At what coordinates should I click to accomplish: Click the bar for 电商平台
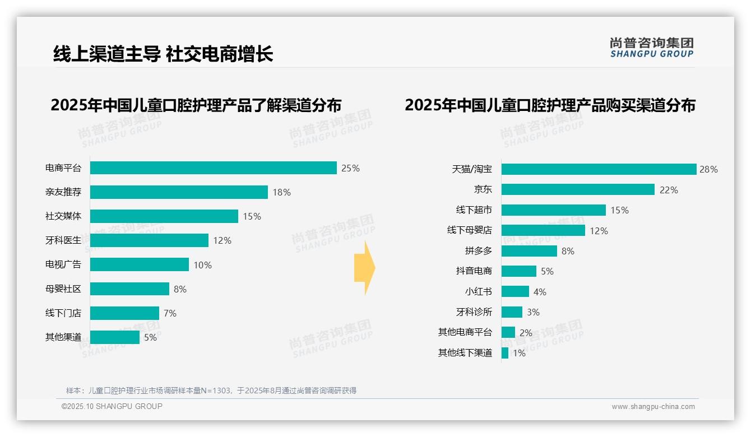tap(213, 168)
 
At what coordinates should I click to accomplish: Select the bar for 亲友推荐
tap(179, 192)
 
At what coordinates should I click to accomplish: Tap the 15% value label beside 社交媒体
tap(252, 217)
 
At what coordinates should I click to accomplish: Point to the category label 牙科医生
tap(63, 240)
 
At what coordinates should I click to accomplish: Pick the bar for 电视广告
tap(139, 264)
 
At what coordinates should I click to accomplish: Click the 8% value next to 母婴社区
tap(180, 289)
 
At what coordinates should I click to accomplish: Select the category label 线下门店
tap(63, 313)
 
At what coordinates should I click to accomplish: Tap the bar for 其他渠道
tap(114, 337)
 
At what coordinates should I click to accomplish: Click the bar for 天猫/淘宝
tap(599, 169)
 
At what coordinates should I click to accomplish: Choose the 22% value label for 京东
tap(669, 190)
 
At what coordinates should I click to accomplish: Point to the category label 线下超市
tap(474, 210)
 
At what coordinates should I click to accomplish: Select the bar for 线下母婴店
tap(543, 230)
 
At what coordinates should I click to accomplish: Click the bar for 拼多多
tap(529, 251)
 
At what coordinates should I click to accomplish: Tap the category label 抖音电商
tap(474, 271)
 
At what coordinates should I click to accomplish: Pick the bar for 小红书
tap(515, 291)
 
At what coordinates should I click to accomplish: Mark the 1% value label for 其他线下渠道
tap(519, 354)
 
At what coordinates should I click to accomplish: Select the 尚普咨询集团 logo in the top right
tap(651, 47)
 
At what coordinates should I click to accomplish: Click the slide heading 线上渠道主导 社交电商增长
tap(163, 54)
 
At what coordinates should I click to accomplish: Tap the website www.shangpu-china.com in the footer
tap(653, 407)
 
